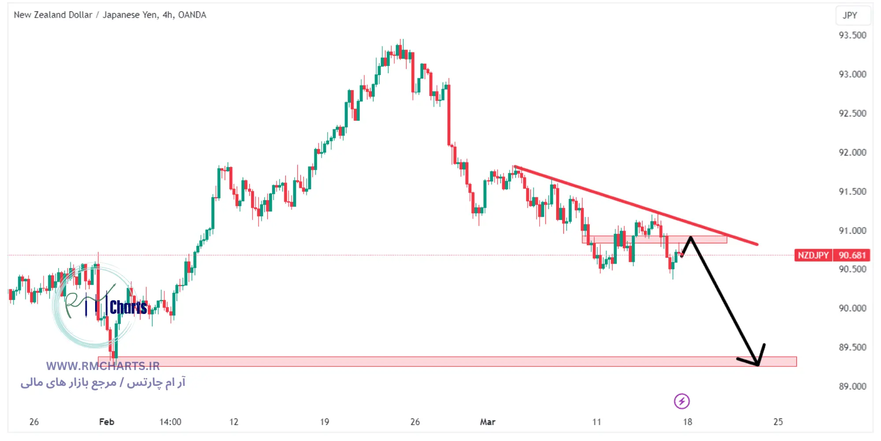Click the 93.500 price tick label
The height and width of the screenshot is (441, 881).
click(852, 35)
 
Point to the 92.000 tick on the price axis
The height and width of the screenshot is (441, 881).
click(852, 153)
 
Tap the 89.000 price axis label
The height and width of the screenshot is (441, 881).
click(852, 386)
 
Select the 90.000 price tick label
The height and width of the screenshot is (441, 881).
click(852, 308)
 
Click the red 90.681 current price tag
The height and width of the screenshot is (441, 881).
click(851, 255)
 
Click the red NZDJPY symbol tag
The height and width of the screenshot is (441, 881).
click(813, 255)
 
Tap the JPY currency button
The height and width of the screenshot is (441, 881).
click(850, 15)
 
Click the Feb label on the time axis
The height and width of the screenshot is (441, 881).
click(107, 422)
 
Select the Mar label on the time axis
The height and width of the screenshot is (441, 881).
click(488, 422)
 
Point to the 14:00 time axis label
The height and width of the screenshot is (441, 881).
click(170, 422)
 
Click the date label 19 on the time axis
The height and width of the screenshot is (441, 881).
click(325, 422)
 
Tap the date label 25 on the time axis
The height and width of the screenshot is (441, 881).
click(778, 422)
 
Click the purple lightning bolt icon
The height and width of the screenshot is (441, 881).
click(681, 401)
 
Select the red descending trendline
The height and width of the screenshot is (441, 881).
click(634, 205)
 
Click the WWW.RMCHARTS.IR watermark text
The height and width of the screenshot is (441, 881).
click(103, 366)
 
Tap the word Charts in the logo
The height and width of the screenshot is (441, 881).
click(128, 307)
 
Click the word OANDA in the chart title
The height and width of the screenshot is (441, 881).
click(192, 15)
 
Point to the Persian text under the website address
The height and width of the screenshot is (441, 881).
click(103, 382)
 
